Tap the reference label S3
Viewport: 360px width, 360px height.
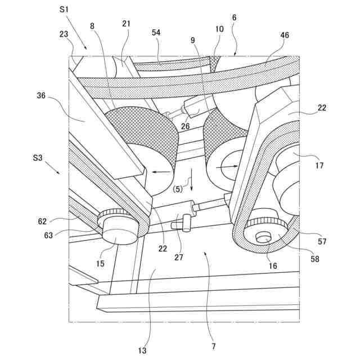tap(38, 159)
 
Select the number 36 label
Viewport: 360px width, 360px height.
tap(42, 96)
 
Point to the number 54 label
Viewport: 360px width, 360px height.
tap(155, 33)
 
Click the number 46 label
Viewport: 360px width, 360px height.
tap(285, 35)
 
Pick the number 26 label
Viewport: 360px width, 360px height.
tap(185, 126)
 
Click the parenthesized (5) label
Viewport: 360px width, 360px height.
tap(177, 190)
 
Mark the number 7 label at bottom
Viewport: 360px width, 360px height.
tap(214, 346)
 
